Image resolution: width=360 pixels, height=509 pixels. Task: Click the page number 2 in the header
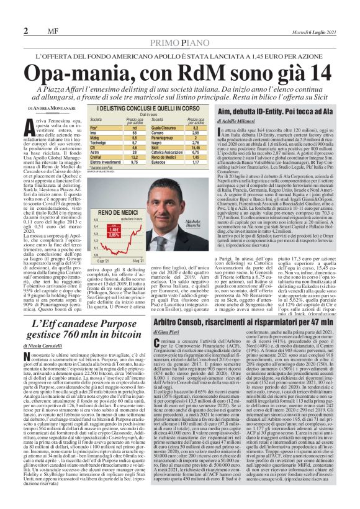[x=25, y=31]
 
